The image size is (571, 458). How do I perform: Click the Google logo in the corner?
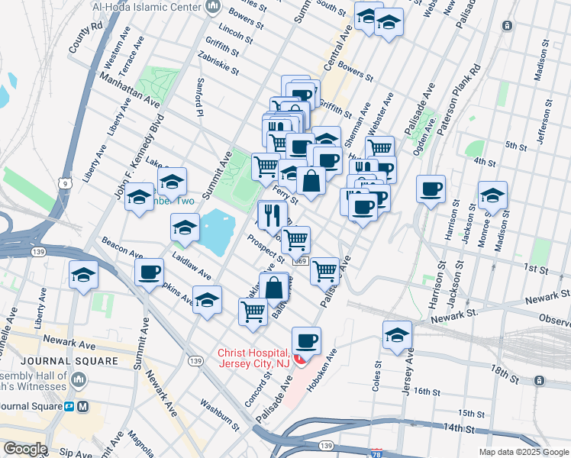tap(24, 449)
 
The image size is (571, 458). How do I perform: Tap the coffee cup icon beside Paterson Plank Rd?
tap(431, 188)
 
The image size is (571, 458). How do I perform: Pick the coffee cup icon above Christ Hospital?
tap(306, 340)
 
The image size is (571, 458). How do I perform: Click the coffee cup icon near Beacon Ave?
tap(149, 271)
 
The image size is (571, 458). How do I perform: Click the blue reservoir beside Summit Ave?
tap(215, 232)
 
